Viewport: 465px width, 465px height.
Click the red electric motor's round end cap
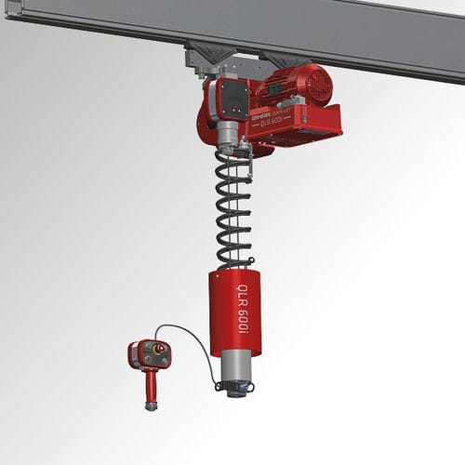click(318, 83)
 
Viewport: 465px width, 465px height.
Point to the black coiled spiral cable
click(233, 205)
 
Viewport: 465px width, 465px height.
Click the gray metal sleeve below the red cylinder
click(236, 366)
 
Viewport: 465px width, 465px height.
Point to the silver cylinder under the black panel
click(225, 136)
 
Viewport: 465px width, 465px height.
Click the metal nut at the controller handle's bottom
click(151, 405)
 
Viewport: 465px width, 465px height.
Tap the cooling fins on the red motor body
click(288, 88)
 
